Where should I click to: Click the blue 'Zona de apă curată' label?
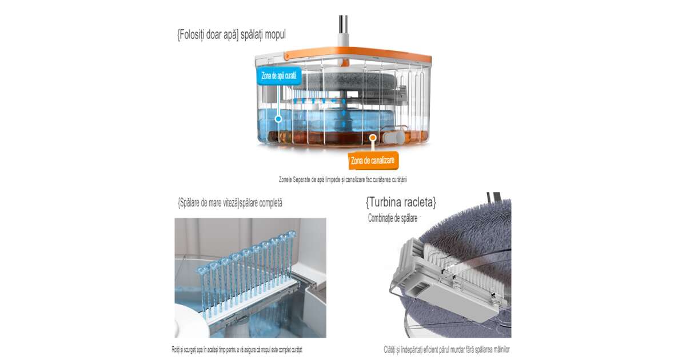pyautogui.click(x=279, y=75)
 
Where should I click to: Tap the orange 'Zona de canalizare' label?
pyautogui.click(x=373, y=161)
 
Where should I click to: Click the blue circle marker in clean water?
pyautogui.click(x=278, y=119)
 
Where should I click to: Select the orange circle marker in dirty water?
pyautogui.click(x=372, y=138)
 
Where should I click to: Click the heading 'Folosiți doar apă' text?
pyautogui.click(x=208, y=35)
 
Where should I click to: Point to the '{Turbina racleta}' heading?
pyautogui.click(x=401, y=202)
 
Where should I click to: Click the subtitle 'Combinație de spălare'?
pyautogui.click(x=393, y=218)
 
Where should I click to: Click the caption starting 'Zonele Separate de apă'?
pyautogui.click(x=342, y=179)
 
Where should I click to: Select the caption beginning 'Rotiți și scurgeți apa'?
pyautogui.click(x=237, y=349)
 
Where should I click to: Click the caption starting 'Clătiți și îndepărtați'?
pyautogui.click(x=446, y=349)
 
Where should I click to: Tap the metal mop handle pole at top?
pyautogui.click(x=344, y=24)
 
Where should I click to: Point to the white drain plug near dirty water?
pyautogui.click(x=393, y=138)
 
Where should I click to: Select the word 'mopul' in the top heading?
pyautogui.click(x=275, y=35)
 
